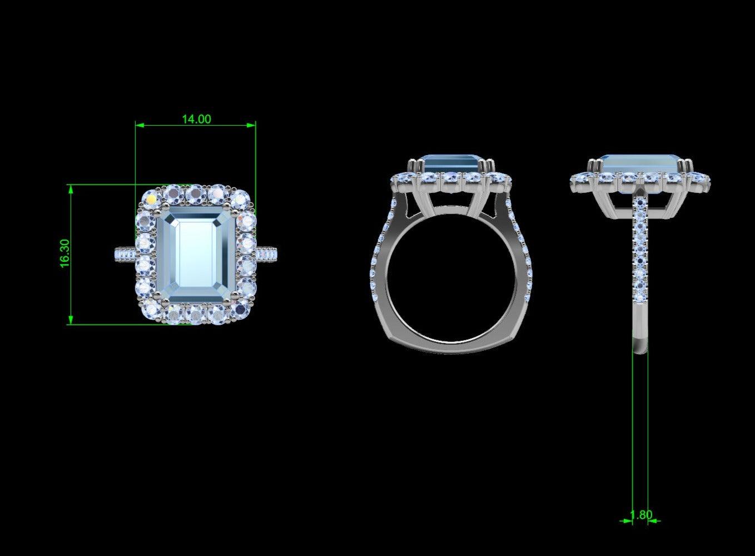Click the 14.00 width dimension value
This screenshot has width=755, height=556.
(196, 119)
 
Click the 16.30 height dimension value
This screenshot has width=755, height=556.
(65, 254)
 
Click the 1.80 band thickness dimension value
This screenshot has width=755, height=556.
(641, 515)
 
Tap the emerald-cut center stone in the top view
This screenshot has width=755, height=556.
(196, 253)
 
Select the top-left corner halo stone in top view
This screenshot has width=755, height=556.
(152, 198)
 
